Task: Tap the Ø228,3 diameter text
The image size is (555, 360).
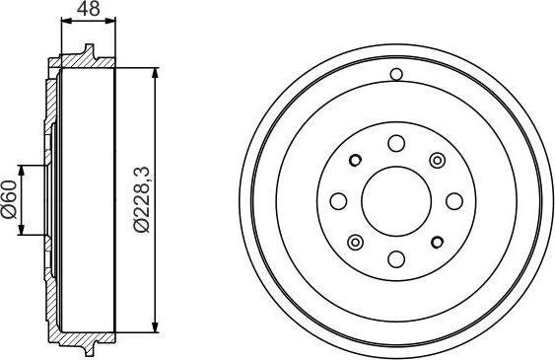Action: tap(141, 201)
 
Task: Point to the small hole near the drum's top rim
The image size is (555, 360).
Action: tap(396, 74)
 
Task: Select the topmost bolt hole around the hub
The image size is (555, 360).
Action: tap(395, 142)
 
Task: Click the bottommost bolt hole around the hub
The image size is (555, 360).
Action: tap(395, 259)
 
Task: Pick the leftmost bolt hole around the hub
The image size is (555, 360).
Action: tap(337, 201)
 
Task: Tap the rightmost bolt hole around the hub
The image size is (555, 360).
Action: tap(454, 201)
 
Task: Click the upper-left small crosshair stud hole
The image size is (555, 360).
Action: tap(355, 160)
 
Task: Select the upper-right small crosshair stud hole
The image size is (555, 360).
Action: tap(437, 160)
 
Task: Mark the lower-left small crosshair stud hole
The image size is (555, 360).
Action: tap(355, 243)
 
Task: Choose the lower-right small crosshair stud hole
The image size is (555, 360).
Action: tap(437, 243)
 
